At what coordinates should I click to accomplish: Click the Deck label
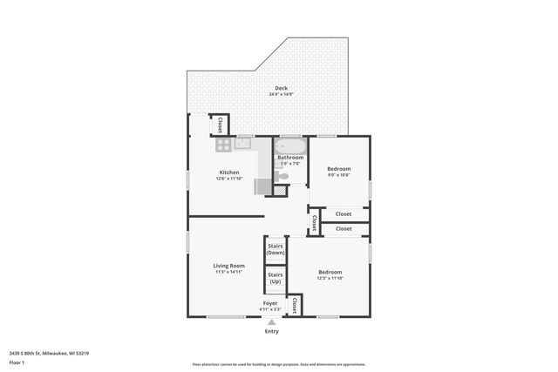tap(281, 88)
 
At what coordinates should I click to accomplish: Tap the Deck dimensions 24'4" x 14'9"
tap(281, 94)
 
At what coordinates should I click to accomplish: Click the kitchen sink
tap(242, 143)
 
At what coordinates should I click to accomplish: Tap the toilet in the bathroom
tap(282, 176)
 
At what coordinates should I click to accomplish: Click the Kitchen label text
tap(228, 172)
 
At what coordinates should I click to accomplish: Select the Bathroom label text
tap(290, 158)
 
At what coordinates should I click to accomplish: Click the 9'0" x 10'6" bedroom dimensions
tap(338, 175)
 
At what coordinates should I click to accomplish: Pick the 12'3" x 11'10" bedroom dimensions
tap(330, 279)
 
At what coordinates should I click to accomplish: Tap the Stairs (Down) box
tap(276, 249)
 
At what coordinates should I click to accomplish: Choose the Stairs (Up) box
tap(276, 278)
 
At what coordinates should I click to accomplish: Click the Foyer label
tap(270, 303)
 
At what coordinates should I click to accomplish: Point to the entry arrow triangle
tap(271, 321)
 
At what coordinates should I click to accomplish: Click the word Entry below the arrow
tap(271, 331)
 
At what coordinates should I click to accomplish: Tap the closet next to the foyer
tap(295, 305)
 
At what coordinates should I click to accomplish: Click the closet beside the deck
tap(220, 125)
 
